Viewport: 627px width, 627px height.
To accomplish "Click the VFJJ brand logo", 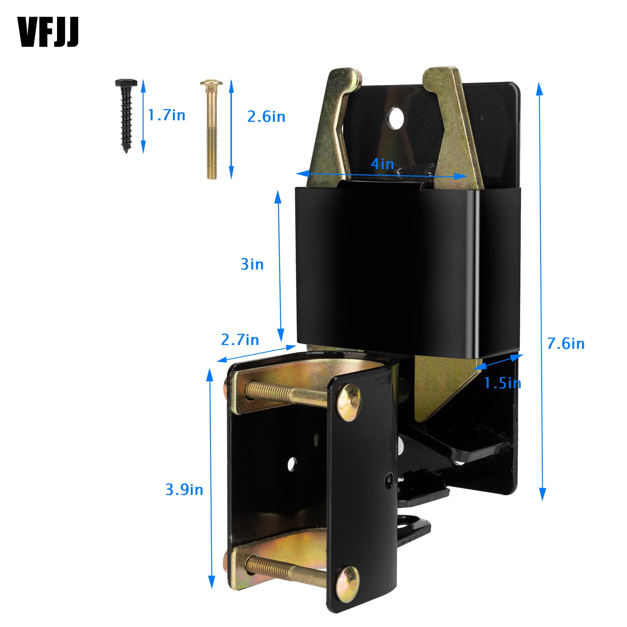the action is [x=48, y=33].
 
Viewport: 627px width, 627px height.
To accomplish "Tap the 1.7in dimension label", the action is [x=166, y=115].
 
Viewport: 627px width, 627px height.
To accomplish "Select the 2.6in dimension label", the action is [x=266, y=117].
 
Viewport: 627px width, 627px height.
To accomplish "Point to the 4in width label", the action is [x=382, y=164].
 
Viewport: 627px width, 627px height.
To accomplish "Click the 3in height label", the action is [x=252, y=264].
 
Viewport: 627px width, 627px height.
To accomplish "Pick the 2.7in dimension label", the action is [x=240, y=340].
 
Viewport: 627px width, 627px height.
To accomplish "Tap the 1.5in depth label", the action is [x=502, y=383].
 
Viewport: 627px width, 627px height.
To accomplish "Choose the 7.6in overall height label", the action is [x=566, y=344].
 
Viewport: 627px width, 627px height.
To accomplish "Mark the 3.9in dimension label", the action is [x=184, y=490].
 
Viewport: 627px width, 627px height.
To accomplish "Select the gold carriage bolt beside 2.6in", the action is [x=211, y=129].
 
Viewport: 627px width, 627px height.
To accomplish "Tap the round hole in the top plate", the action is [x=395, y=118].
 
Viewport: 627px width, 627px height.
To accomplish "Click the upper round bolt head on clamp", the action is [x=348, y=402].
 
